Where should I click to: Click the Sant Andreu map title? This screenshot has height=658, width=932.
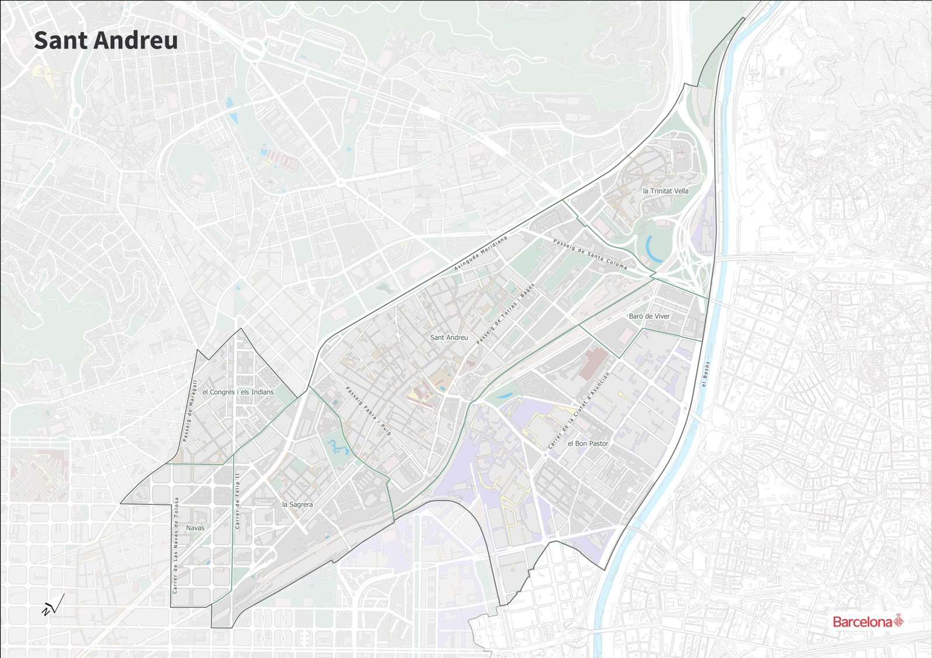click(x=106, y=41)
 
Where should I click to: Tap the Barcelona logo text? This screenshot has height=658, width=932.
click(x=862, y=622)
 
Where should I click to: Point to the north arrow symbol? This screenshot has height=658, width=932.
click(x=52, y=606)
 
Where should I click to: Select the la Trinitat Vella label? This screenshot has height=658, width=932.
click(x=665, y=191)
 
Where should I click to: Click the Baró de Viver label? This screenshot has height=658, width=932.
click(x=649, y=316)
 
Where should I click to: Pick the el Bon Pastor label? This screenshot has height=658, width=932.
click(x=588, y=443)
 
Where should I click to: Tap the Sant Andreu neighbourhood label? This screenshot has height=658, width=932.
click(x=449, y=337)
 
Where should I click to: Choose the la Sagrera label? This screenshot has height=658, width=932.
click(x=297, y=504)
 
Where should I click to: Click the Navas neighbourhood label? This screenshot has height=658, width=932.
click(x=195, y=528)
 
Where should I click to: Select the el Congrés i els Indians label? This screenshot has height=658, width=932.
click(x=238, y=392)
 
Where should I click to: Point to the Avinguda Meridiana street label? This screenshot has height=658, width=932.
click(x=481, y=254)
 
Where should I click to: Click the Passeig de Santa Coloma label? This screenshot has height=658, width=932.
click(x=589, y=254)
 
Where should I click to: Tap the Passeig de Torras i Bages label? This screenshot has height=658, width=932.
click(x=505, y=314)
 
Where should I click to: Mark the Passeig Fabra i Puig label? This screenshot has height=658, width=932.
click(x=368, y=411)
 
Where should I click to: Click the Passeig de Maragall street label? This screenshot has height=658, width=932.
click(x=190, y=411)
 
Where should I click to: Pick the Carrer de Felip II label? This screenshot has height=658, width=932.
click(x=237, y=501)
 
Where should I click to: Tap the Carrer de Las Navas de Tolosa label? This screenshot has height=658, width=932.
click(x=175, y=545)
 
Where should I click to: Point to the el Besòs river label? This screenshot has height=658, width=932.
click(x=705, y=374)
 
